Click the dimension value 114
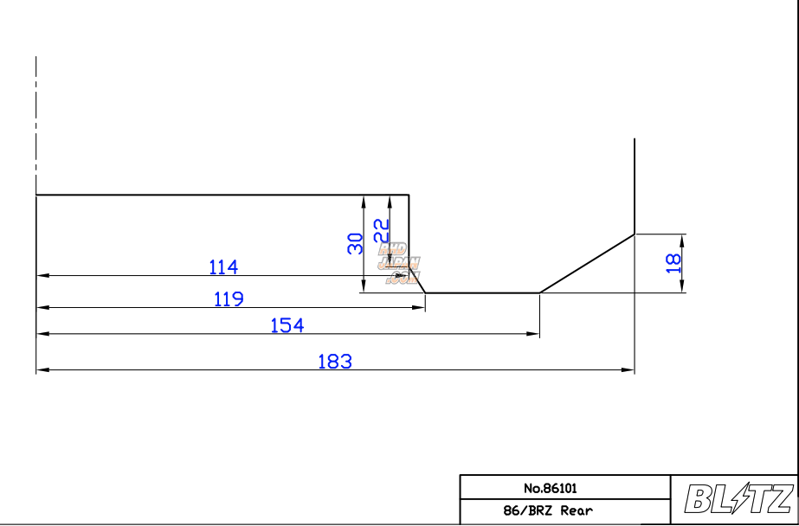tap(223, 266)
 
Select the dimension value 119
tap(229, 299)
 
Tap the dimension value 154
tap(287, 325)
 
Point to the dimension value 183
tap(335, 362)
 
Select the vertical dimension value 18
tap(673, 264)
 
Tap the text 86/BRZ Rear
tap(549, 510)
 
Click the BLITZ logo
tap(738, 499)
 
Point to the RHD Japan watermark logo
tap(399, 263)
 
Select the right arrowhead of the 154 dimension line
tap(534, 334)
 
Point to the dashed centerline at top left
tap(36, 121)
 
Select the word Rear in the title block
tap(577, 510)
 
